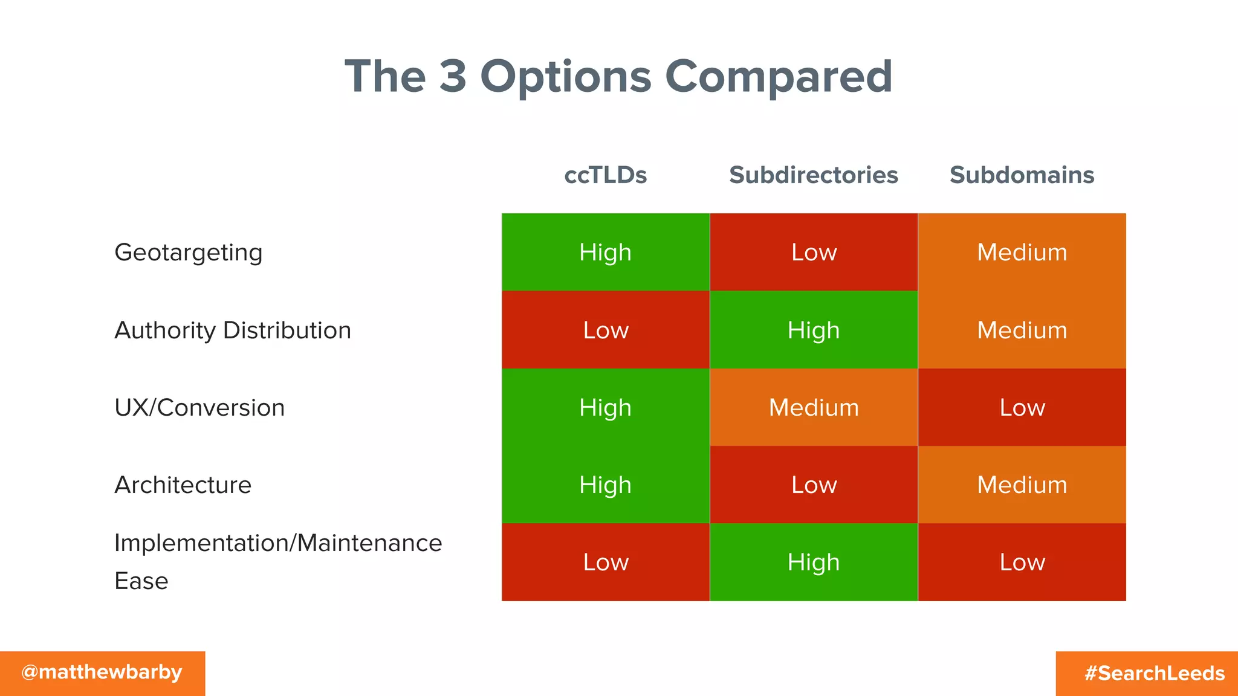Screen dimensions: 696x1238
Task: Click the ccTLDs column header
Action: (x=605, y=175)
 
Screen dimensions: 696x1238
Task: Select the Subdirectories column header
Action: (x=813, y=175)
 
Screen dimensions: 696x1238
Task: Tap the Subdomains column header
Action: (x=1022, y=175)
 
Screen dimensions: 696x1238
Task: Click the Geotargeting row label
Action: (x=188, y=253)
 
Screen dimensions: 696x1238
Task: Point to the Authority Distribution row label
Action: (x=233, y=330)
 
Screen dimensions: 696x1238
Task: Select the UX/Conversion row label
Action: (x=199, y=408)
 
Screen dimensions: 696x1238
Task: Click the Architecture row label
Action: (x=183, y=485)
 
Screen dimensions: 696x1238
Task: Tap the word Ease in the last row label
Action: (x=141, y=581)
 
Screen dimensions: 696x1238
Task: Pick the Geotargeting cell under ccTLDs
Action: (x=605, y=253)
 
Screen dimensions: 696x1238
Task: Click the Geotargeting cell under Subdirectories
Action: (x=814, y=253)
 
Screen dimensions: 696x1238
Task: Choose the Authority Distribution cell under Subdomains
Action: (x=1022, y=330)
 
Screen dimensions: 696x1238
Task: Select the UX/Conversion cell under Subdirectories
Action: (x=814, y=408)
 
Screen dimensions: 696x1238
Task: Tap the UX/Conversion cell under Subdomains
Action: (x=1022, y=408)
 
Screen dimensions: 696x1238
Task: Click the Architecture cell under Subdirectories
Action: (x=814, y=485)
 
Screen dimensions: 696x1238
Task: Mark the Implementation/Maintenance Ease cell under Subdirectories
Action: (x=814, y=562)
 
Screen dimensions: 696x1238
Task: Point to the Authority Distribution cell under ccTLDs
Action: (x=605, y=330)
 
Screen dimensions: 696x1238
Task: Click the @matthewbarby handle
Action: (x=102, y=672)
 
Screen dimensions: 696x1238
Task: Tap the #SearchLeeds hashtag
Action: (x=1154, y=673)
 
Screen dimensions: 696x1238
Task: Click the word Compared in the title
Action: (x=779, y=77)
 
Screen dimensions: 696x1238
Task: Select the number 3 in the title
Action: (x=453, y=76)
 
